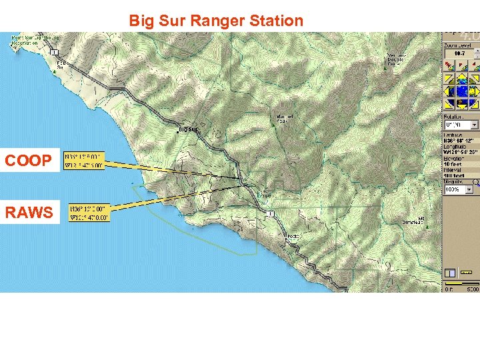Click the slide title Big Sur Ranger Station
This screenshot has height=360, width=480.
(x=215, y=21)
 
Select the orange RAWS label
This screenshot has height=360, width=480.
(x=29, y=213)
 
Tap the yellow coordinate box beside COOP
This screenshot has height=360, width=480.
(x=84, y=161)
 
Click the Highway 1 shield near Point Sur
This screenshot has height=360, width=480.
(x=55, y=52)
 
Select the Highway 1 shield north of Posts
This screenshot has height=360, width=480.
(x=270, y=213)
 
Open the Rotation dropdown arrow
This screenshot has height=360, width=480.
(x=474, y=125)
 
